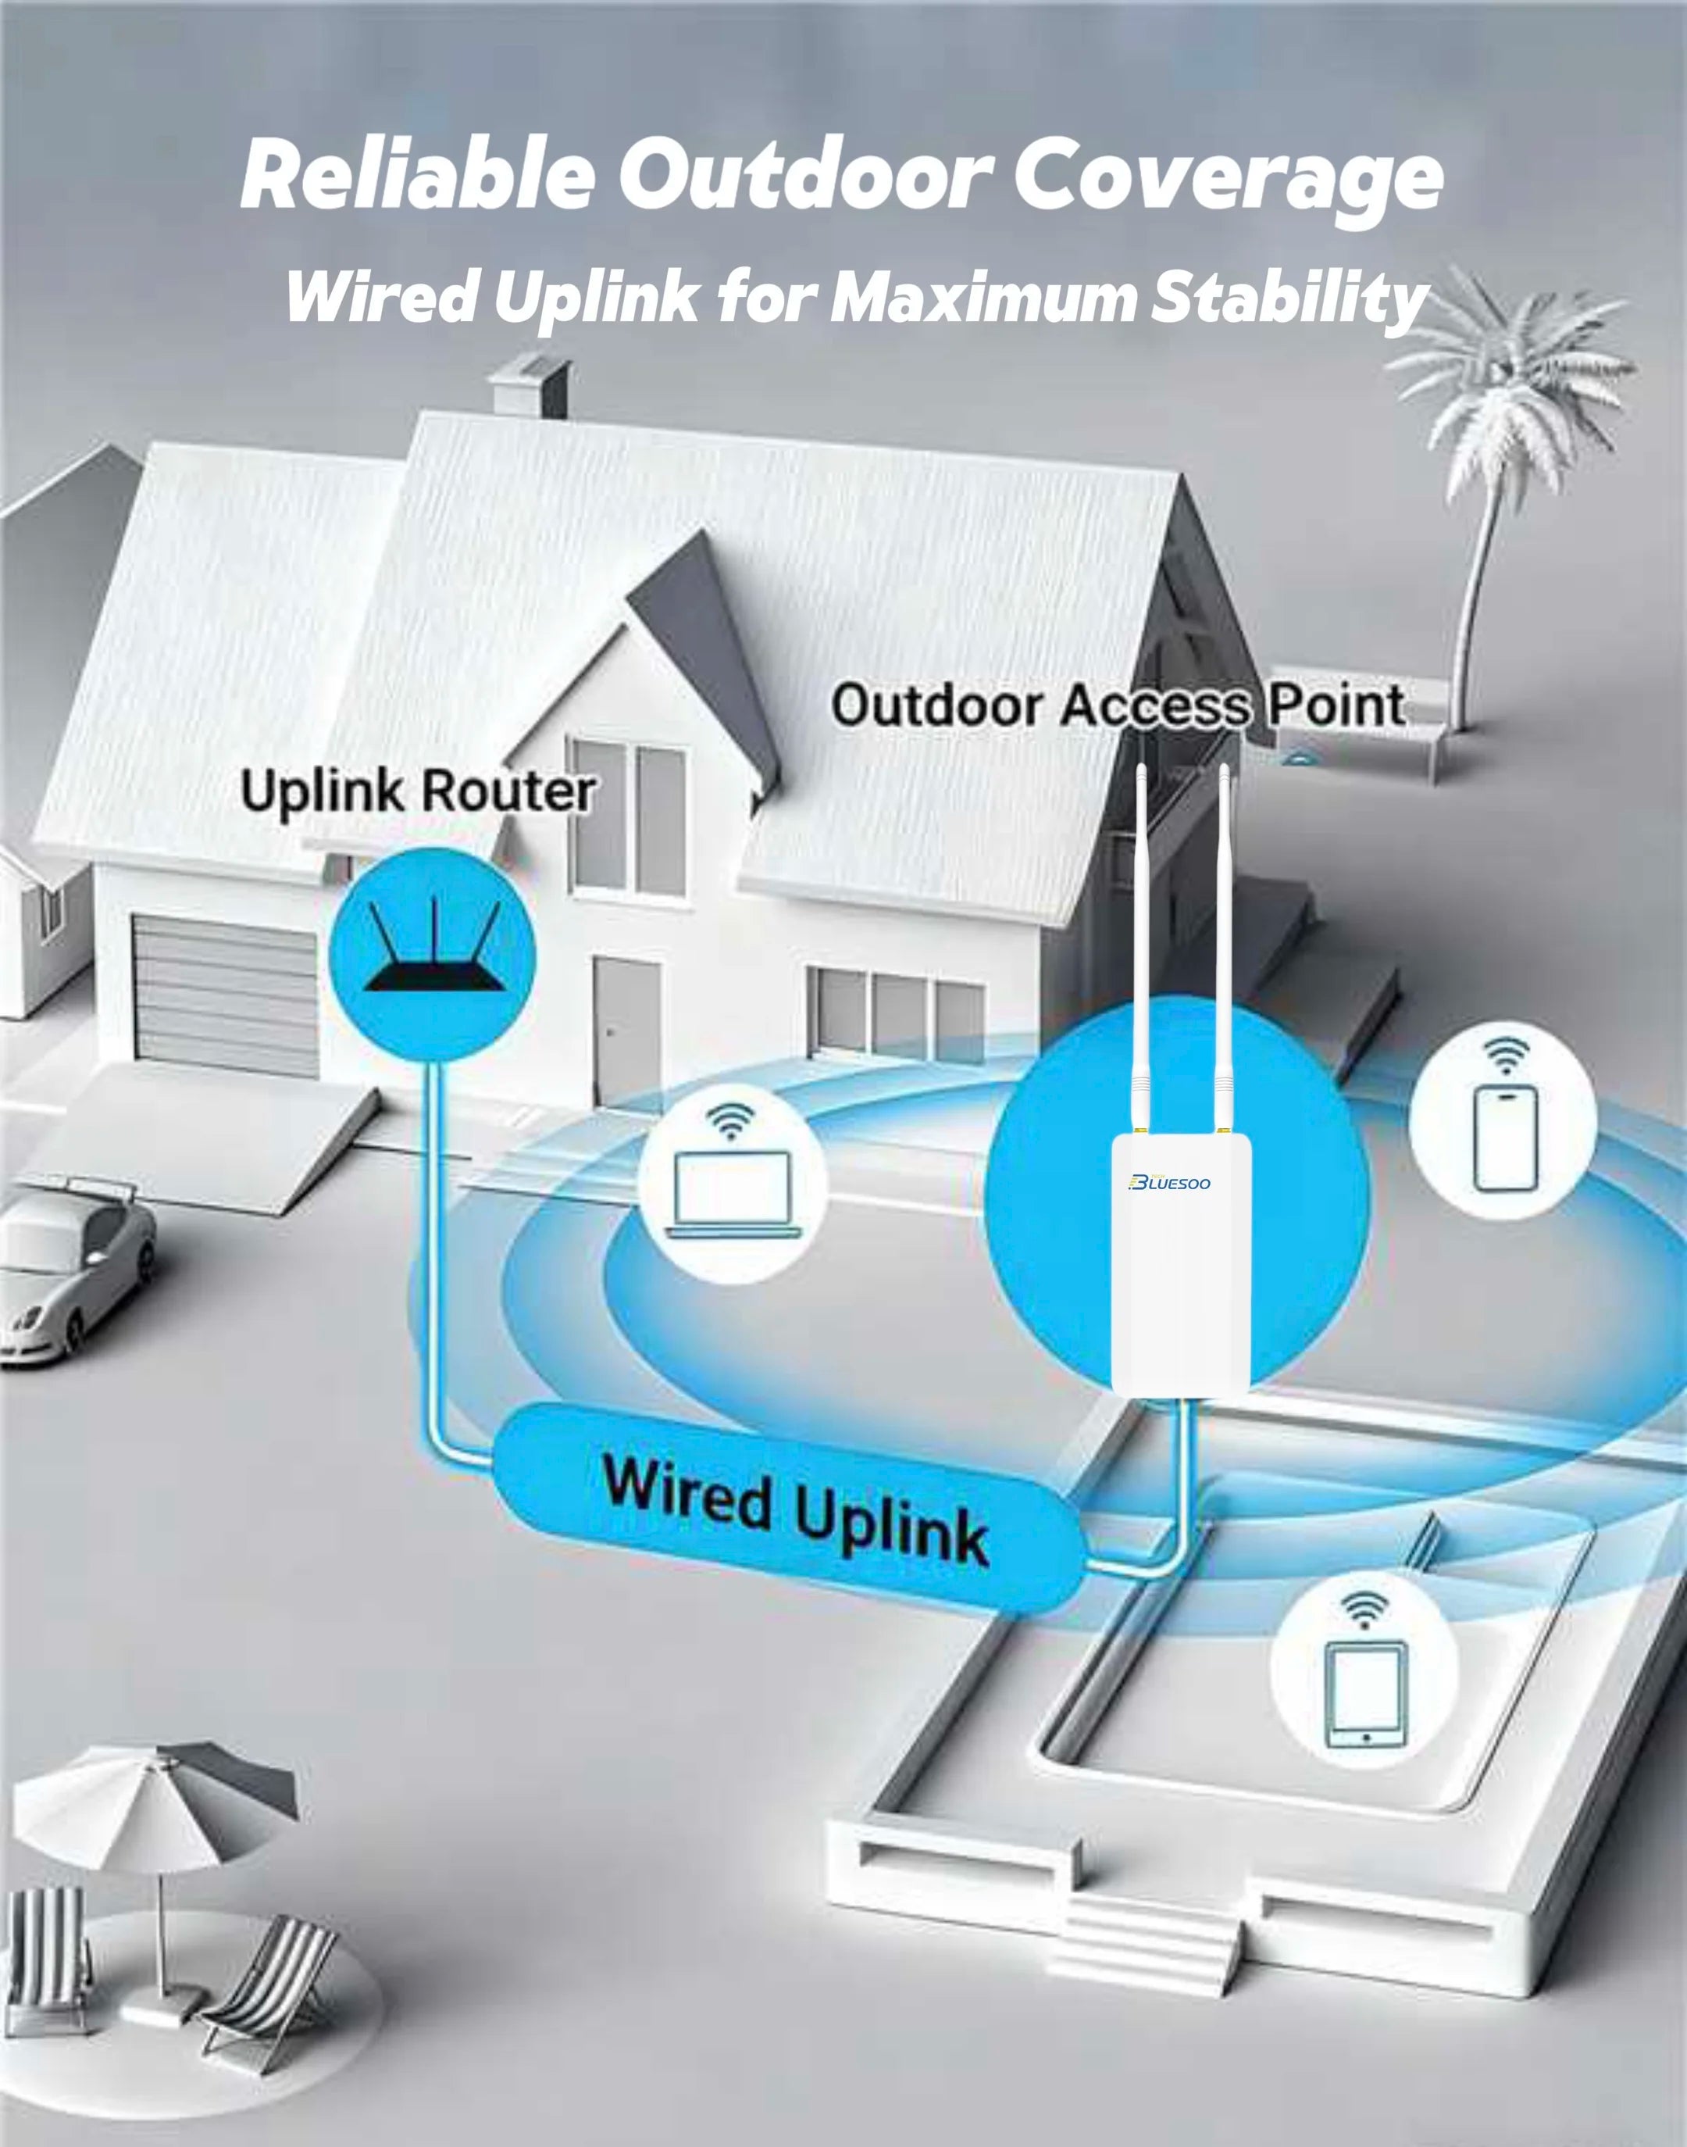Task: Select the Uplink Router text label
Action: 417,791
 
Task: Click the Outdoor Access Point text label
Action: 1117,706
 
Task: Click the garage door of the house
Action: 225,993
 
